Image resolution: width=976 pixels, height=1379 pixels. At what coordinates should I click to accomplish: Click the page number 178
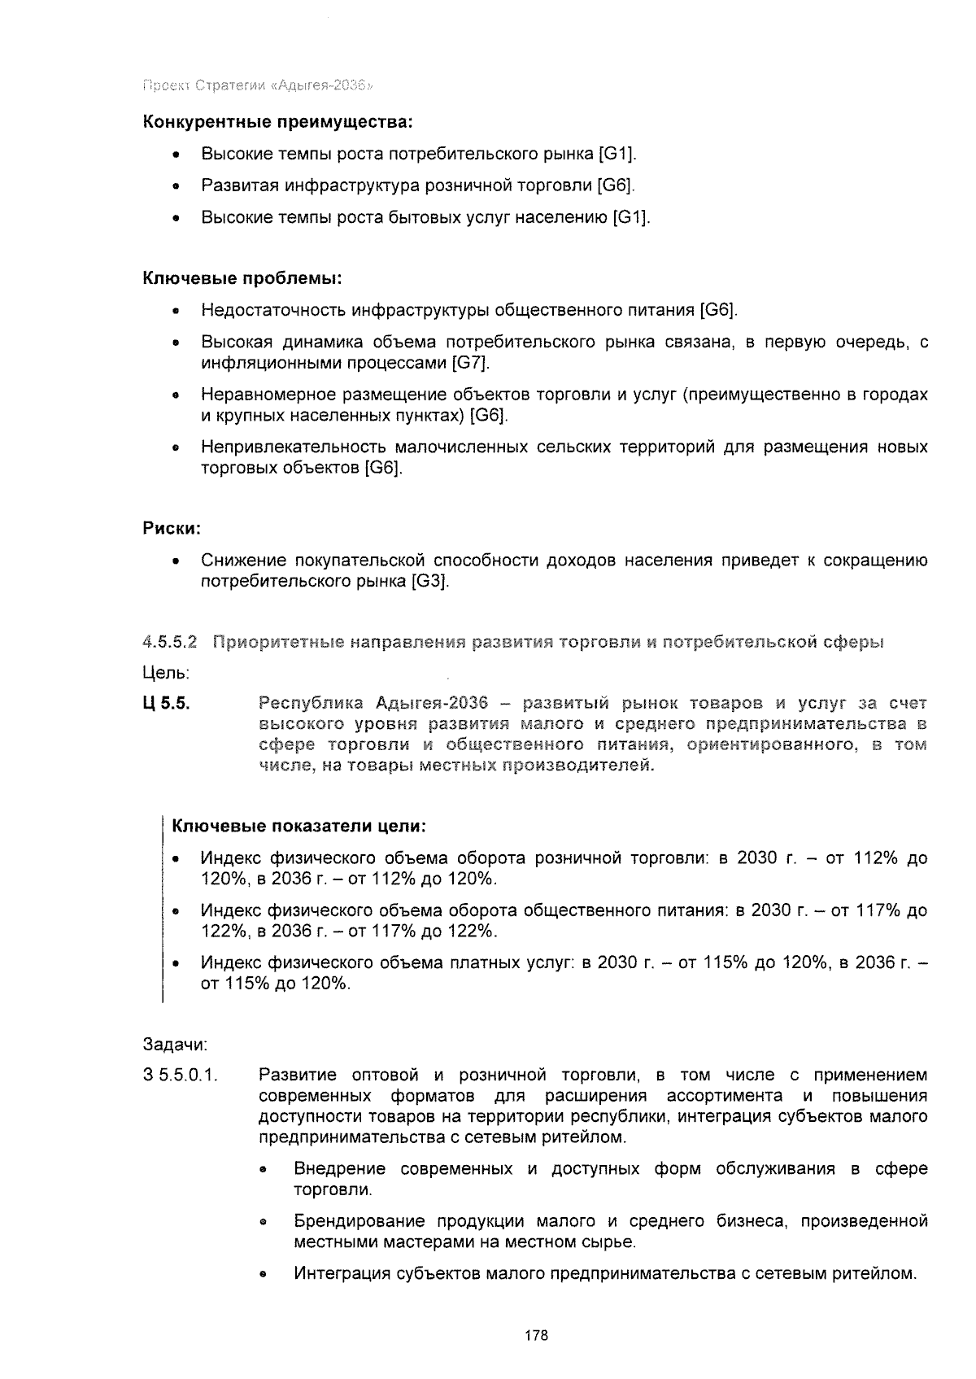pos(536,1335)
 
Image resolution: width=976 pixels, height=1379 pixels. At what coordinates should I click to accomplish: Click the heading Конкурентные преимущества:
pos(278,123)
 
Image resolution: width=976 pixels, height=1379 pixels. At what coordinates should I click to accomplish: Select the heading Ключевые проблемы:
pos(242,278)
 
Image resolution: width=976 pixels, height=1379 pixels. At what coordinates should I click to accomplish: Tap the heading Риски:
pos(172,529)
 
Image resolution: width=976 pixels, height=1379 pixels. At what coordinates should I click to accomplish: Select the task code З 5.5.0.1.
pos(181,1076)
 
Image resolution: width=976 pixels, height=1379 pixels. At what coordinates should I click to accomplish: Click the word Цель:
pos(166,674)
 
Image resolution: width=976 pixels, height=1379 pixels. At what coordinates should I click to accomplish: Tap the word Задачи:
pos(175,1044)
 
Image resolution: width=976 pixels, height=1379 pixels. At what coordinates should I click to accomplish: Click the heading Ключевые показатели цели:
pos(299,827)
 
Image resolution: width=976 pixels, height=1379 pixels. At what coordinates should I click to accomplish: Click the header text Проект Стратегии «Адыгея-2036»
pos(258,85)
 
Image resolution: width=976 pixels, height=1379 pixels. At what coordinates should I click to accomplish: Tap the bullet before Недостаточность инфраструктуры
pos(176,312)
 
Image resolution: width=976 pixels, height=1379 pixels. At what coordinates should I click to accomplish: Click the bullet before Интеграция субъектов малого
pos(264,1275)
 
